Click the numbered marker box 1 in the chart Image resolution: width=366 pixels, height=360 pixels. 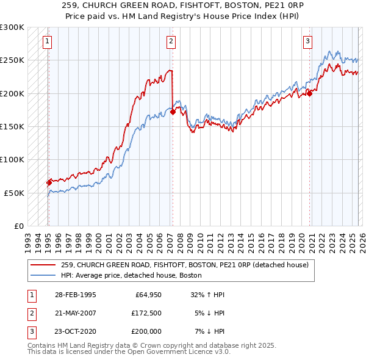(48, 41)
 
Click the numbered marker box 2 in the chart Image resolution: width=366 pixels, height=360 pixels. (171, 41)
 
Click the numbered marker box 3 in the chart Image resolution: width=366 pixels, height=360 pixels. (308, 41)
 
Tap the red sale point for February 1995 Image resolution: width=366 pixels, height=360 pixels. (49, 182)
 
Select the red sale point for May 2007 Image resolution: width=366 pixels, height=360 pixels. (173, 112)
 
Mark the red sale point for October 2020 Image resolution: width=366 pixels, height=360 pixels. (309, 93)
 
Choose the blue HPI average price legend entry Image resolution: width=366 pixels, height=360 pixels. (134, 275)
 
